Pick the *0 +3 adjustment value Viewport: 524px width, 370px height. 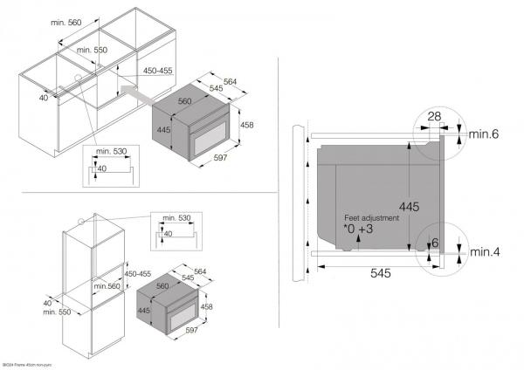click(358, 230)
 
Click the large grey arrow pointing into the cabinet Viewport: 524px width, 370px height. click(135, 89)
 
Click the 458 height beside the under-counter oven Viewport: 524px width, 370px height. click(246, 126)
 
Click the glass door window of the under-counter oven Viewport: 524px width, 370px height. click(210, 136)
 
